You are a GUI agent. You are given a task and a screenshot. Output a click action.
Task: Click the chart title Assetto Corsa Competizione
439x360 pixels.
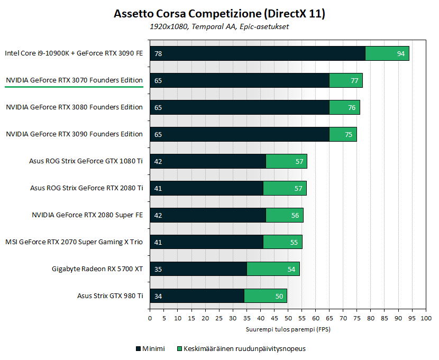click(x=219, y=14)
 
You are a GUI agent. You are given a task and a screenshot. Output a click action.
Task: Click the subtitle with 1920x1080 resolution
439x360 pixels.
click(x=219, y=26)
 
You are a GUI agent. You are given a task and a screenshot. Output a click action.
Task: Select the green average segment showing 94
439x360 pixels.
click(x=387, y=53)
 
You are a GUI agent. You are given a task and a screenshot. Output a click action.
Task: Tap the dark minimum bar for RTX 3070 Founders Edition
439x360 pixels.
click(x=240, y=80)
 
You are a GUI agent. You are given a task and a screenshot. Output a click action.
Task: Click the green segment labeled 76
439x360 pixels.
click(x=344, y=107)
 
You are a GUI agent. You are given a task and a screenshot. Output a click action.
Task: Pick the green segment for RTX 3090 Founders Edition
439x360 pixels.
click(x=343, y=134)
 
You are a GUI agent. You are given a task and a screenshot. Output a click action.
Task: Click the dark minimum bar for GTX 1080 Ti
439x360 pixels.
click(x=208, y=161)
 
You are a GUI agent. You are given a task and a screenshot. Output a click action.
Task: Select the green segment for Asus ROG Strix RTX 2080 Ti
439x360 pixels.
click(x=285, y=188)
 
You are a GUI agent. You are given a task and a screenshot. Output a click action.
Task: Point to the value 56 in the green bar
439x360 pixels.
click(x=295, y=215)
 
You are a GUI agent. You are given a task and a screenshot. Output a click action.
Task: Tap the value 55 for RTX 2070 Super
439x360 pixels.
click(x=295, y=242)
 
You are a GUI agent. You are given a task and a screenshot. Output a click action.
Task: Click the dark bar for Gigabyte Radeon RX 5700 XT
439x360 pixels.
click(x=198, y=269)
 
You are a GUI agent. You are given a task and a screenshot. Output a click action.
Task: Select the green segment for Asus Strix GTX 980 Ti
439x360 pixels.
click(x=265, y=296)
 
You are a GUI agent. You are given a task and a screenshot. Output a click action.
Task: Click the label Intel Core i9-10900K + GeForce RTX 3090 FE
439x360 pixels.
click(x=74, y=53)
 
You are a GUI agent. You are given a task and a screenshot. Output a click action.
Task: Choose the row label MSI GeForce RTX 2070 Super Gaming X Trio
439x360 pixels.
click(x=74, y=242)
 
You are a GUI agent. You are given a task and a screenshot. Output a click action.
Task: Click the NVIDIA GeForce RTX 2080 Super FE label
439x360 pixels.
click(x=87, y=215)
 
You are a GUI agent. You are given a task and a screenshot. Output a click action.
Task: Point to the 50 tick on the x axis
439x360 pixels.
click(x=288, y=318)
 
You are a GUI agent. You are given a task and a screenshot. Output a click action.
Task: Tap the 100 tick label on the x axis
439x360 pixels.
click(x=425, y=318)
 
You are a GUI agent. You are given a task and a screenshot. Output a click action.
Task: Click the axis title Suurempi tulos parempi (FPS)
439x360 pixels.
click(x=288, y=329)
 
